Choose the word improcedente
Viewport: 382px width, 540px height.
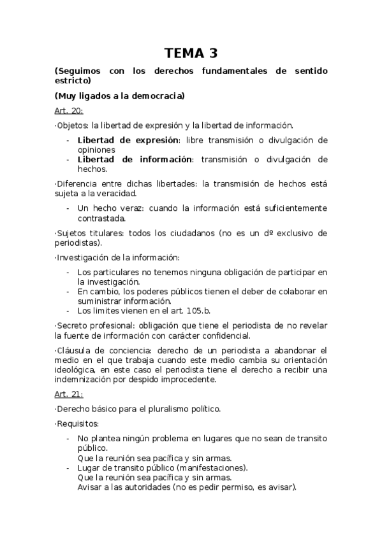tap(189, 380)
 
